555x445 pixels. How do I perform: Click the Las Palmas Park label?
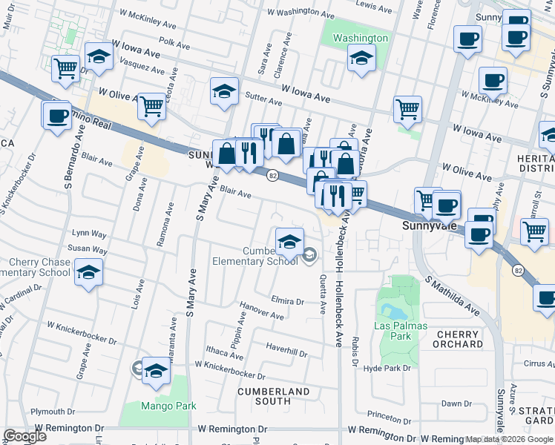pyautogui.click(x=402, y=327)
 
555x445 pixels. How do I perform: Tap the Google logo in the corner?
pyautogui.click(x=24, y=436)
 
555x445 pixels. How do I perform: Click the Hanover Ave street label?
pyautogui.click(x=262, y=311)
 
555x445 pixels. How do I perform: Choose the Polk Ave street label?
pyautogui.click(x=174, y=44)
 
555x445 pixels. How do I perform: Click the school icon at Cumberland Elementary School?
pyautogui.click(x=289, y=240)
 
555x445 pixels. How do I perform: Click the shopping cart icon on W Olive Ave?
pyautogui.click(x=151, y=105)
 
